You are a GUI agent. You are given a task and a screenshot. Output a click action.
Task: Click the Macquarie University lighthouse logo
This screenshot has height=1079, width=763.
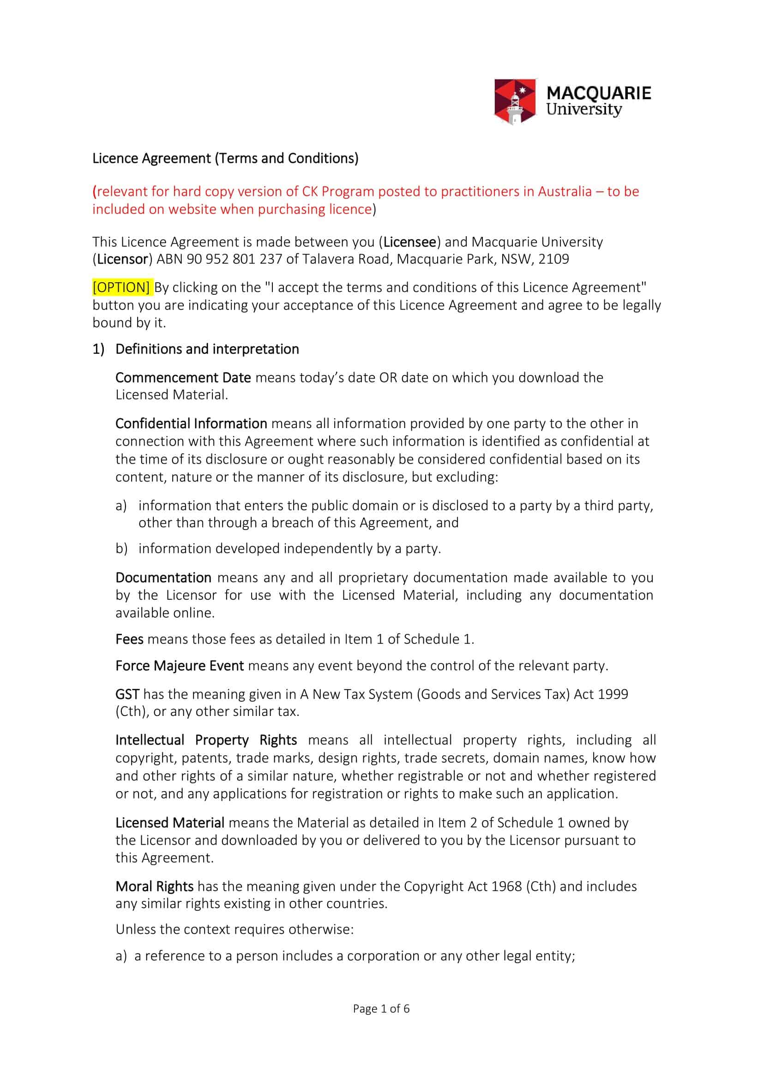515,101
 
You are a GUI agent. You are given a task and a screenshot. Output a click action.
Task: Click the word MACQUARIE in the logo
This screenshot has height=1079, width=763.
599,93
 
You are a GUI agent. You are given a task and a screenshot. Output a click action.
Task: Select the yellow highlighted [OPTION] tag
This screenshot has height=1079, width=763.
121,287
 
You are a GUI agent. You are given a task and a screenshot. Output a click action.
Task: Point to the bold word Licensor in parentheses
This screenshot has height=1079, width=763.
123,259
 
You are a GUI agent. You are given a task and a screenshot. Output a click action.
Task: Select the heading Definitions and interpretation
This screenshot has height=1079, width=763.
207,349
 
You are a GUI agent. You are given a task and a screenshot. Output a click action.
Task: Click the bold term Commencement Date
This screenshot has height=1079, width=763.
183,377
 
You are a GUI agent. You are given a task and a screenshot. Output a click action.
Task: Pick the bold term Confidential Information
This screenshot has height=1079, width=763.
191,423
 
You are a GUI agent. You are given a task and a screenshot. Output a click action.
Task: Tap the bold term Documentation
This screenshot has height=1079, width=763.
163,577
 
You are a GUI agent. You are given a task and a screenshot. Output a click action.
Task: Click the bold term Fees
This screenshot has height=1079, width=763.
129,639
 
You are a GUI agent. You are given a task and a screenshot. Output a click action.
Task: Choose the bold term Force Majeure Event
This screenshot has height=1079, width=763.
179,666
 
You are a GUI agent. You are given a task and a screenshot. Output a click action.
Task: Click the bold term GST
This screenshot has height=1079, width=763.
127,694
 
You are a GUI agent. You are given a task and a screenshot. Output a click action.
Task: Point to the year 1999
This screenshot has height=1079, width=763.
613,694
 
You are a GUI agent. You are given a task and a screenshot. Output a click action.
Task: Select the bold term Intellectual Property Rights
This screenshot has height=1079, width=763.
206,739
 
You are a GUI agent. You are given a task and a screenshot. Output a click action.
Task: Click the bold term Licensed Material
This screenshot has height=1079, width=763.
170,823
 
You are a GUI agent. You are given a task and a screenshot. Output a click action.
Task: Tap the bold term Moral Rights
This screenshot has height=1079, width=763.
154,886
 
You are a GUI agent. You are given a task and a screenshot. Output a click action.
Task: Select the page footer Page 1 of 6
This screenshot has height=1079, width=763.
381,1008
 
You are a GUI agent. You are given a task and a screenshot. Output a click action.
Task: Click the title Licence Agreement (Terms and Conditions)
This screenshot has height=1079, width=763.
225,158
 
